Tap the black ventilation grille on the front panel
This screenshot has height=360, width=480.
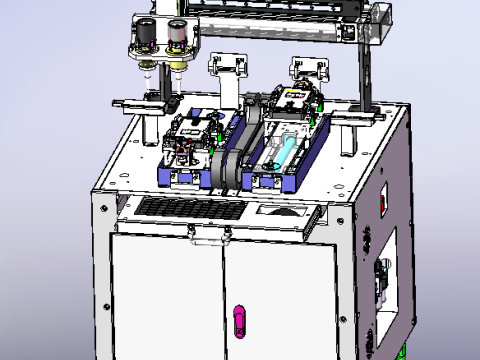pyautogui.click(x=189, y=209)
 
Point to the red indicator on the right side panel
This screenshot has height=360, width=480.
pyautogui.click(x=382, y=201)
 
